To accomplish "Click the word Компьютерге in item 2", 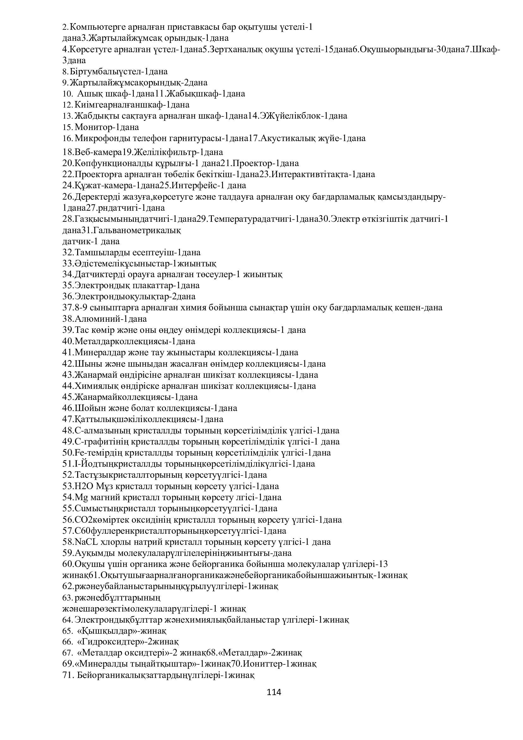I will click(x=98, y=27).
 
